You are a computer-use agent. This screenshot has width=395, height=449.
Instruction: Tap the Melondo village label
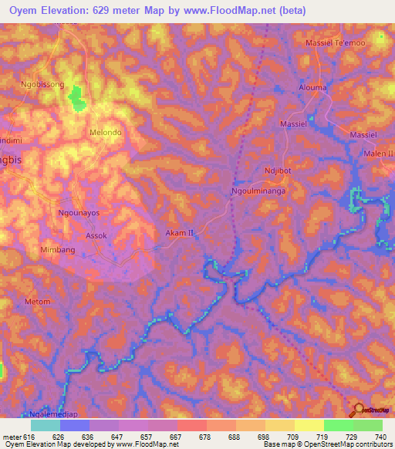(106, 132)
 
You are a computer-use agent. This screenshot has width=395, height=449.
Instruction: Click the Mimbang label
(59, 251)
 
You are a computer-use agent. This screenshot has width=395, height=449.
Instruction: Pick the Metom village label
(37, 301)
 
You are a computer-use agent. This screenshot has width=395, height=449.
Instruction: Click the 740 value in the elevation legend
(380, 437)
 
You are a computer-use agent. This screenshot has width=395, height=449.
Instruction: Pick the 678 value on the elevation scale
(206, 437)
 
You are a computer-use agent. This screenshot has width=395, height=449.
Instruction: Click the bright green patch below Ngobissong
(76, 97)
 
